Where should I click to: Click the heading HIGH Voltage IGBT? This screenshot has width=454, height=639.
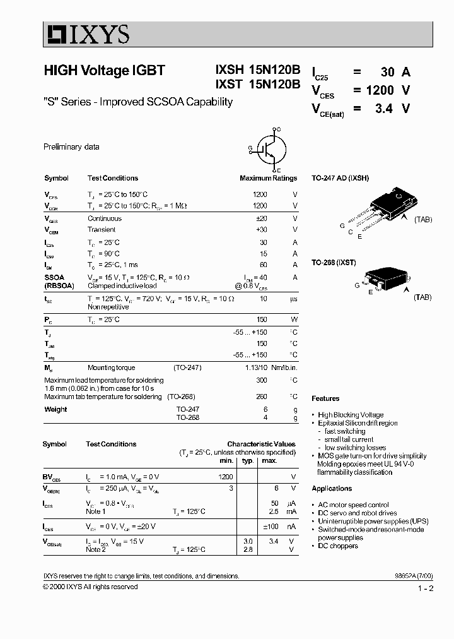click(104, 71)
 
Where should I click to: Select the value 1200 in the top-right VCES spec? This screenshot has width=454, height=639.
click(381, 90)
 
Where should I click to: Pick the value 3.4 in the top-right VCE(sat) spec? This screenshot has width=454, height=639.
click(383, 109)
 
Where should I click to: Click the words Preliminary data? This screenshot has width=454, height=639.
click(71, 146)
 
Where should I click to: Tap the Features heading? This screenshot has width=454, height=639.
click(325, 398)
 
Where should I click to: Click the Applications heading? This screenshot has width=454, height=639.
click(332, 489)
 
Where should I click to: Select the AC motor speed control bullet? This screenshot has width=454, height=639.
click(352, 505)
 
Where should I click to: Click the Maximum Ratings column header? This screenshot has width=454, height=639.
click(268, 178)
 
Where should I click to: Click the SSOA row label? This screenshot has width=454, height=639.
click(54, 277)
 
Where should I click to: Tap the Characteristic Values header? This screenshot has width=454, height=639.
click(261, 444)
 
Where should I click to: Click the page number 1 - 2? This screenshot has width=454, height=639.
click(426, 588)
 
